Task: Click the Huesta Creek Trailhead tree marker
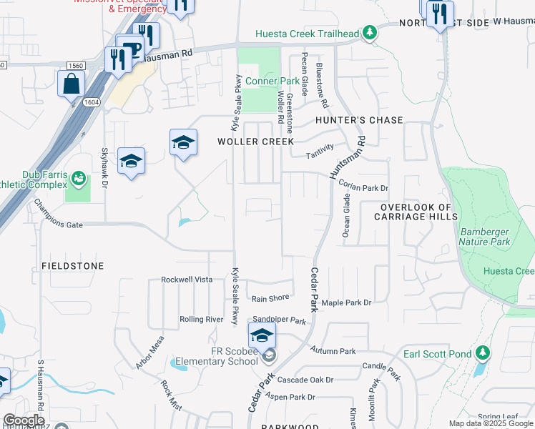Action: (x=369, y=32)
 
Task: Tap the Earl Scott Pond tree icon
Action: (x=483, y=352)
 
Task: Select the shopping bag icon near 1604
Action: (x=73, y=84)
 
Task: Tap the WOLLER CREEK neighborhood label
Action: (x=255, y=142)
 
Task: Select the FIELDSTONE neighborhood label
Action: (x=68, y=266)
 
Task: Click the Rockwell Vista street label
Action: (x=187, y=280)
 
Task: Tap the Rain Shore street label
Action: (x=270, y=298)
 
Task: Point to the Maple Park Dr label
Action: (x=347, y=303)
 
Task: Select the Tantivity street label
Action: (x=320, y=152)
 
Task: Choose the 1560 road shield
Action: (x=77, y=66)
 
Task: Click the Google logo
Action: (x=24, y=421)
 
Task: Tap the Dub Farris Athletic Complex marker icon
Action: (x=79, y=176)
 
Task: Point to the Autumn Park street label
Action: (x=333, y=351)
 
